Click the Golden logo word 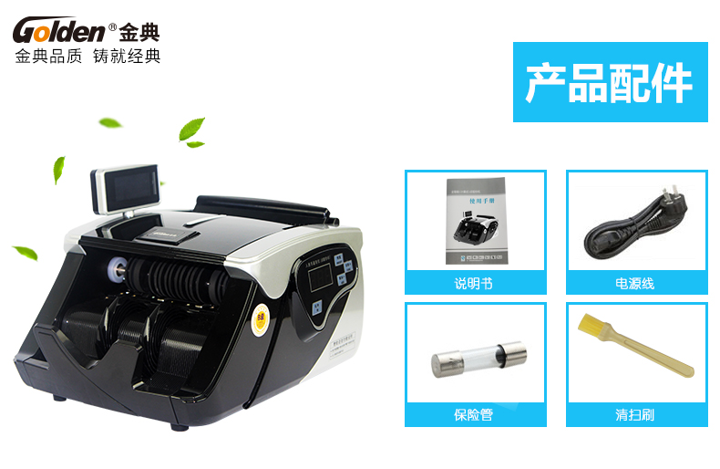tap(59, 31)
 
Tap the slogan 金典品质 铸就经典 tap(87, 57)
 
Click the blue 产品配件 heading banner tap(610, 82)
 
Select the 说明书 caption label tap(475, 284)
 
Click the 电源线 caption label tap(635, 284)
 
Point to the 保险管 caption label tap(475, 415)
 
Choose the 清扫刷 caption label tap(635, 415)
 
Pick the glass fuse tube tap(478, 359)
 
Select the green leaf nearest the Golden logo tap(110, 123)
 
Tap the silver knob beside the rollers tap(117, 271)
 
